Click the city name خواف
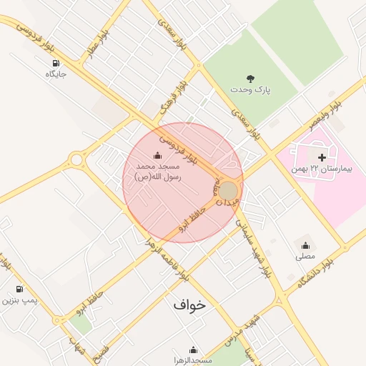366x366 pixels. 189,304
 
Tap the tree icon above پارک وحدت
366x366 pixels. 250,79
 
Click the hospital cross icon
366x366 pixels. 322,157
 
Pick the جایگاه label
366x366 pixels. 56,74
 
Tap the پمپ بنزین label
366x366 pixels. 19,300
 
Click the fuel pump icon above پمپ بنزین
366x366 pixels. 19,290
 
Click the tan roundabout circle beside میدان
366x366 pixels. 227,191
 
